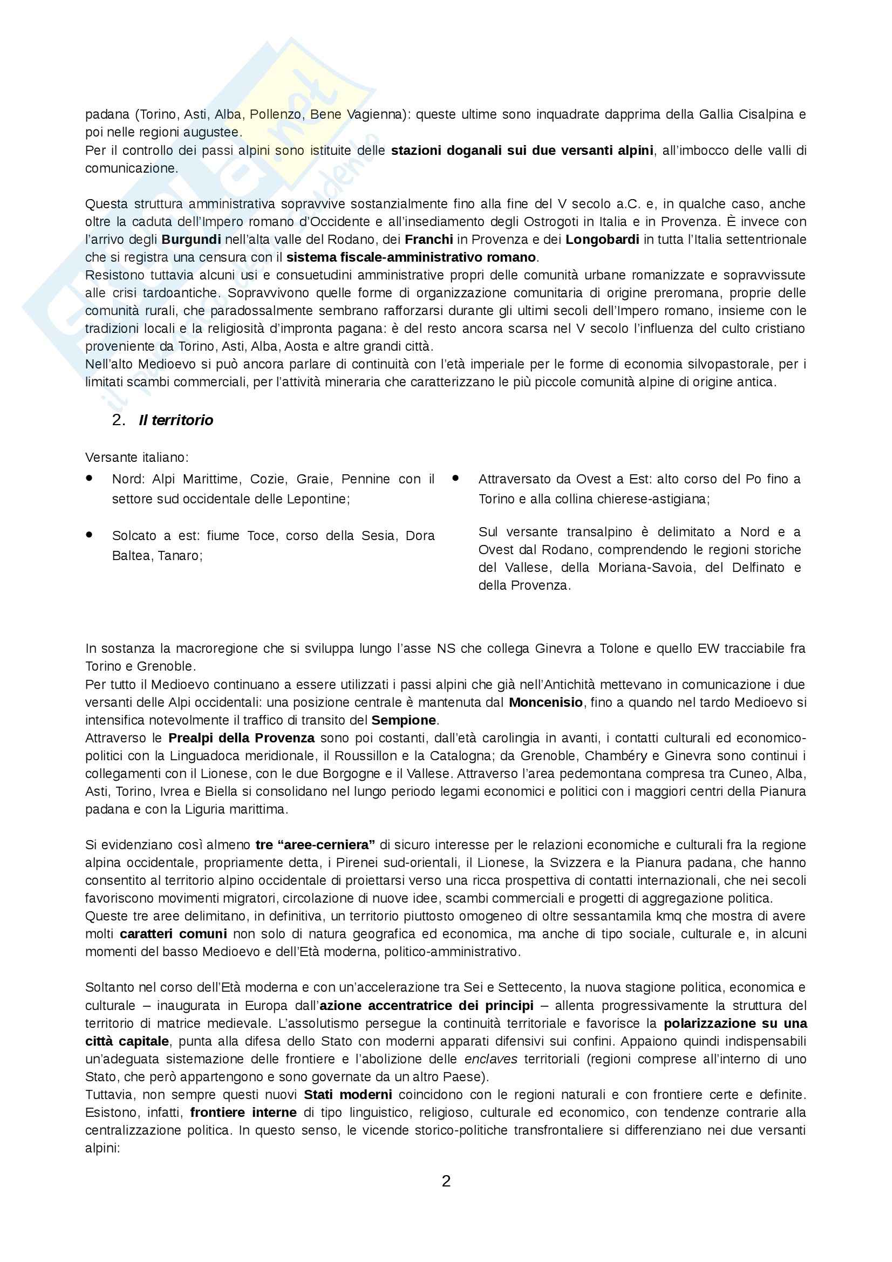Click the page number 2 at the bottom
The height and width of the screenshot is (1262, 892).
tap(446, 1181)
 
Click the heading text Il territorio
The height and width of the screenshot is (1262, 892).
tap(176, 420)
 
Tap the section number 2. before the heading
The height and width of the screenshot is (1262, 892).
tap(119, 420)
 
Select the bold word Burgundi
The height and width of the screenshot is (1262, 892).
tap(191, 240)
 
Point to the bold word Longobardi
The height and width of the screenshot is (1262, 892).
tap(602, 240)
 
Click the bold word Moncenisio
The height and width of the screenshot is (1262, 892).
tap(546, 702)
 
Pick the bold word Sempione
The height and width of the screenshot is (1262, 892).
tap(404, 720)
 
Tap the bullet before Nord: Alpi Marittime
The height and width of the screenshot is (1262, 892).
tap(89, 479)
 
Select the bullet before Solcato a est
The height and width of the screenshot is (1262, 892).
tap(89, 535)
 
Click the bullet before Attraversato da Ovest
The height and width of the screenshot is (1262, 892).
tap(455, 479)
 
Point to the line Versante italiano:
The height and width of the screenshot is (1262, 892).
tap(137, 458)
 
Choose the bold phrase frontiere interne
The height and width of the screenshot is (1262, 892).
tap(243, 1112)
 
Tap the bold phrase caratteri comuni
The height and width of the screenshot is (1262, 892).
tap(173, 934)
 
